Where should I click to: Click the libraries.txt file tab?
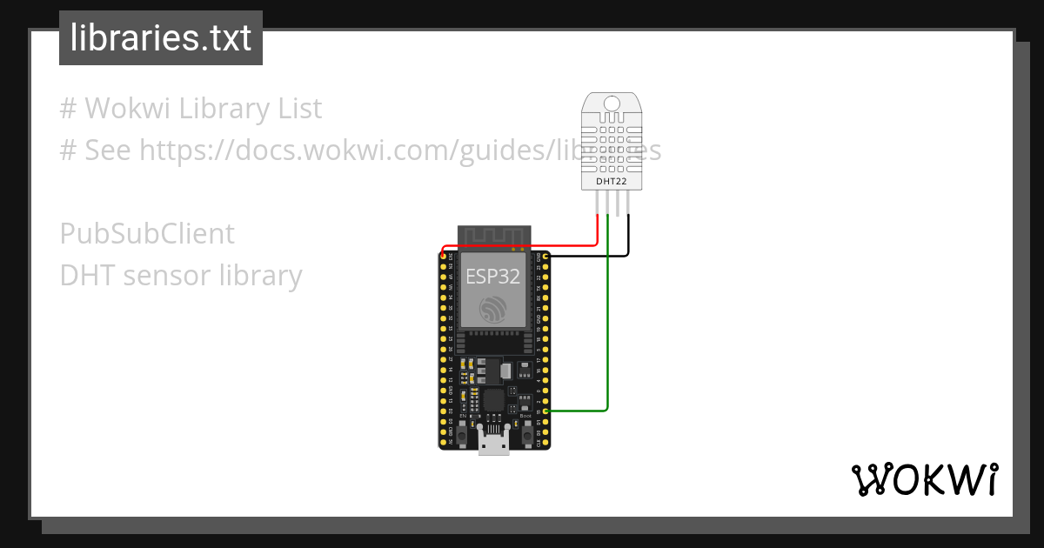click(x=161, y=38)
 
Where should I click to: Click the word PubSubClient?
click(x=147, y=234)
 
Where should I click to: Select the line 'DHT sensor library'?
click(x=181, y=276)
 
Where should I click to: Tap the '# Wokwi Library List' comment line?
click(x=191, y=109)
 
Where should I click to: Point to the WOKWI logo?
click(x=924, y=479)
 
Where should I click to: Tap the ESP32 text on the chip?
click(x=492, y=277)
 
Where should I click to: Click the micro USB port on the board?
click(x=493, y=444)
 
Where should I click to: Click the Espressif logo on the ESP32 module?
click(x=493, y=309)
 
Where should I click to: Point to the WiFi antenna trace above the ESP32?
click(x=493, y=236)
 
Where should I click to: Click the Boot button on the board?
click(x=525, y=430)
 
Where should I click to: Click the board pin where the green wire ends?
click(x=545, y=411)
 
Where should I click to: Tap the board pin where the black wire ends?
click(x=545, y=257)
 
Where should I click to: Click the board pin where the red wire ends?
click(x=444, y=256)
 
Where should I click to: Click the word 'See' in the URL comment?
click(x=108, y=150)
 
